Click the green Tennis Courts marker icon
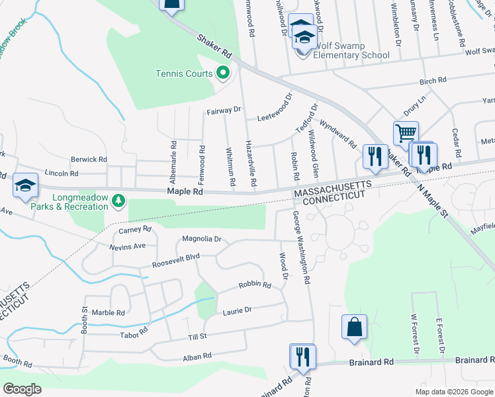point(223,73)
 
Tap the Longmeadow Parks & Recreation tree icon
point(118,199)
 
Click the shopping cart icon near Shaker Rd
point(405,132)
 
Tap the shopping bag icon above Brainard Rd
point(354,327)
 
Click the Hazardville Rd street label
point(250,162)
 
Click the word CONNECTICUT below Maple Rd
point(329,197)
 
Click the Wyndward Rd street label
point(337,133)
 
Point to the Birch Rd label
point(433,81)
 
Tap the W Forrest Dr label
point(414,338)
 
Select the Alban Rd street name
point(197,356)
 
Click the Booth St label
point(84,318)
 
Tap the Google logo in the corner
point(22,389)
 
